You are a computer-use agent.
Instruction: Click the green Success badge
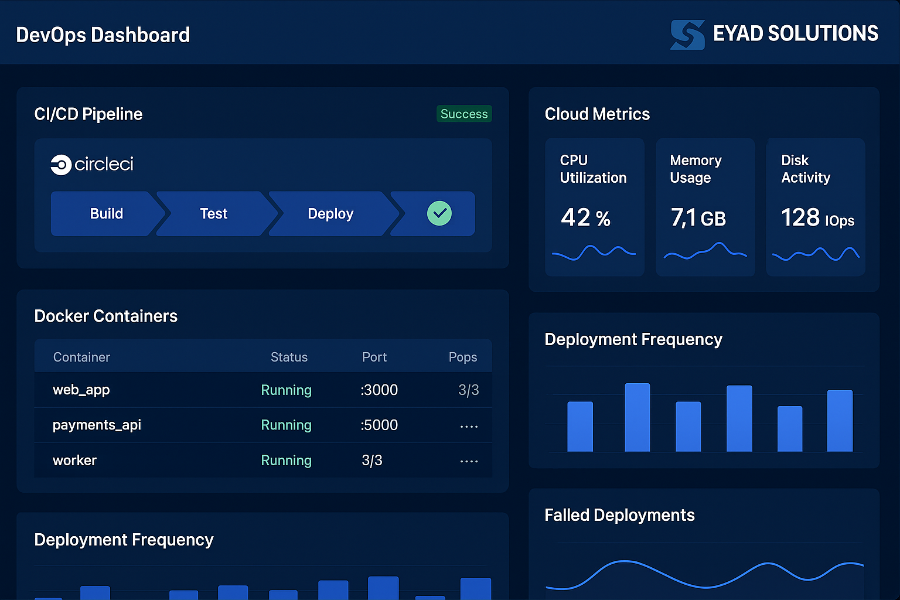pyautogui.click(x=463, y=114)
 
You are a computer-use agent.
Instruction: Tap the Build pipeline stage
pyautogui.click(x=107, y=214)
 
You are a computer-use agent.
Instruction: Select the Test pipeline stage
pyautogui.click(x=213, y=214)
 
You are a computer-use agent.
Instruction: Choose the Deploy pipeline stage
pyautogui.click(x=330, y=214)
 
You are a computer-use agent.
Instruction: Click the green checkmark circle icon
pyautogui.click(x=439, y=213)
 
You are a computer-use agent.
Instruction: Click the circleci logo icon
pyautogui.click(x=60, y=165)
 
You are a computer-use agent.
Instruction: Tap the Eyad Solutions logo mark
pyautogui.click(x=687, y=35)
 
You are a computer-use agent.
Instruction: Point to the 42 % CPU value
pyautogui.click(x=585, y=218)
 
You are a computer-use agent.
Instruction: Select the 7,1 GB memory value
pyautogui.click(x=698, y=218)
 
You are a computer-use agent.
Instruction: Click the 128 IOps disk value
pyautogui.click(x=817, y=218)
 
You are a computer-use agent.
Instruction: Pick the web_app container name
pyautogui.click(x=81, y=390)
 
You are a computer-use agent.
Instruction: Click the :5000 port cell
pyautogui.click(x=379, y=425)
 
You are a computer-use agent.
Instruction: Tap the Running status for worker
pyautogui.click(x=286, y=461)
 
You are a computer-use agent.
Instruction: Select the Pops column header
pyautogui.click(x=462, y=357)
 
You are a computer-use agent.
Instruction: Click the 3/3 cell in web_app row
pyautogui.click(x=468, y=390)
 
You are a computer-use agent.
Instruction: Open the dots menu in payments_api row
pyautogui.click(x=469, y=427)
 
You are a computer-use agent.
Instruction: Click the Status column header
pyautogui.click(x=289, y=357)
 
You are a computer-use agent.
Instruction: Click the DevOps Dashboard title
pyautogui.click(x=103, y=35)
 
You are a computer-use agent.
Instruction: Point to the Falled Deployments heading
pyautogui.click(x=619, y=515)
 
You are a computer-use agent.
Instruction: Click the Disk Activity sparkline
pyautogui.click(x=816, y=254)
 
